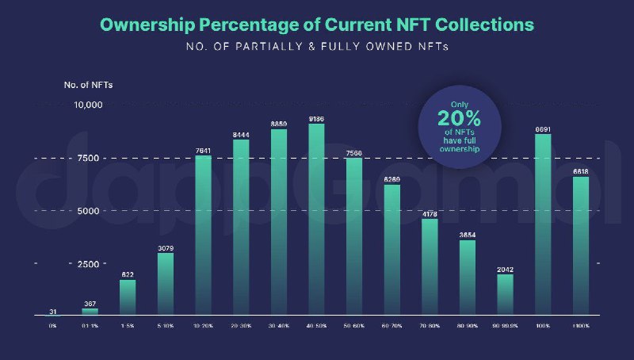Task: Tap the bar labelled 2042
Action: [506, 295]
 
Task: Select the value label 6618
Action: [581, 170]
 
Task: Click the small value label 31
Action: [52, 311]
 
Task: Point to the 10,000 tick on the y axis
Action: [88, 105]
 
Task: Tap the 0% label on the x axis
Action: [52, 326]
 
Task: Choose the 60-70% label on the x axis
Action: [392, 326]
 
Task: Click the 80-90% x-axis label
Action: [468, 326]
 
